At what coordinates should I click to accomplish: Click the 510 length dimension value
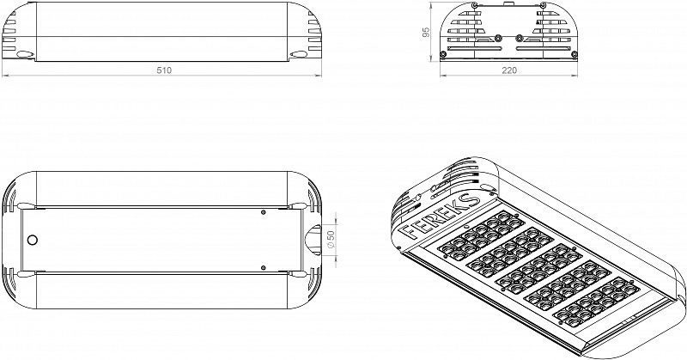pos(164,70)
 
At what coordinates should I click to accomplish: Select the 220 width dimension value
pos(508,70)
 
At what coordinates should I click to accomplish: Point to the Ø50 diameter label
pos(331,240)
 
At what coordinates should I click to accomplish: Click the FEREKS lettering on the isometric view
pos(440,217)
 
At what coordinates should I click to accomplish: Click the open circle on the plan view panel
pos(32,240)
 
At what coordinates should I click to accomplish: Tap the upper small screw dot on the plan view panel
pos(263,212)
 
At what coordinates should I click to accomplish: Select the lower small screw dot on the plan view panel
pos(263,267)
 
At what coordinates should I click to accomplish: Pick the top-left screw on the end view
pos(475,5)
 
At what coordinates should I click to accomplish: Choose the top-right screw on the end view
pos(544,5)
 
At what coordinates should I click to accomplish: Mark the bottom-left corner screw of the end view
pos(443,54)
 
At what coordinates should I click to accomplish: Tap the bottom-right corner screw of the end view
pos(575,54)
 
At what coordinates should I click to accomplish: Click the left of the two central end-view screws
pos(498,38)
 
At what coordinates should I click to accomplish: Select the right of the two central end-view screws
pos(520,38)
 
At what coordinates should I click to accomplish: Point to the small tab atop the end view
pos(508,4)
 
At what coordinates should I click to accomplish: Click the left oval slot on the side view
pos(26,54)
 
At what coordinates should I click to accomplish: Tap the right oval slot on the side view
pos(298,54)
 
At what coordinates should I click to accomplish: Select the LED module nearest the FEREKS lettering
pos(482,235)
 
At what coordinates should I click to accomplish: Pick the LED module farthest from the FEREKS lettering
pos(596,302)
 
